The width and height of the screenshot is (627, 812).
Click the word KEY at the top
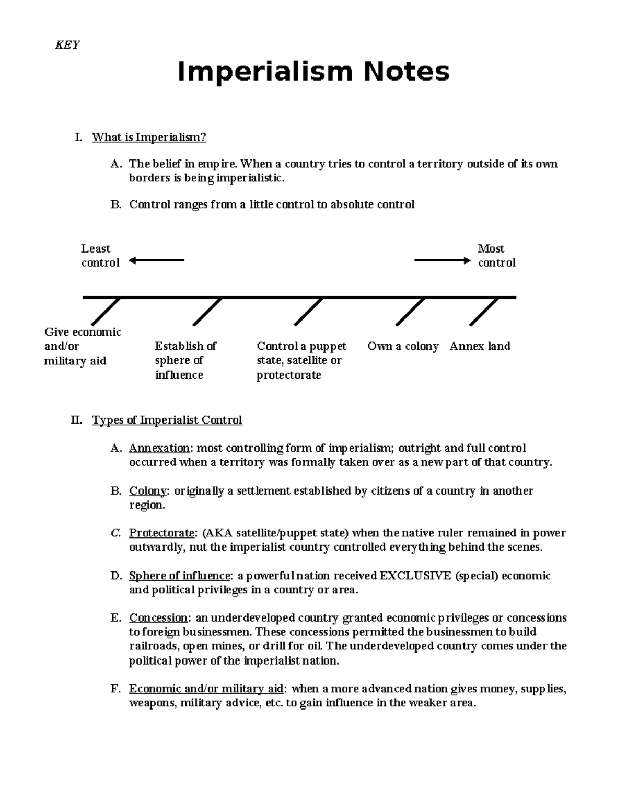click(x=67, y=45)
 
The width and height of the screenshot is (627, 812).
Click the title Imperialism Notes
click(x=313, y=72)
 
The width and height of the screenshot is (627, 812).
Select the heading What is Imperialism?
click(x=149, y=138)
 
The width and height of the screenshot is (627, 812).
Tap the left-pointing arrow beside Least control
click(x=156, y=260)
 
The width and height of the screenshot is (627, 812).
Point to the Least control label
click(x=100, y=256)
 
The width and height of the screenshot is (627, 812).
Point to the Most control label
click(x=496, y=256)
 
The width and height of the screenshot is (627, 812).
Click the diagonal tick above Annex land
click(x=484, y=312)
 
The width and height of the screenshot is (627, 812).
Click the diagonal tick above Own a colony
click(x=410, y=312)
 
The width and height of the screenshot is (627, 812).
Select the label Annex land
click(x=480, y=346)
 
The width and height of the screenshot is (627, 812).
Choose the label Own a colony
click(x=403, y=346)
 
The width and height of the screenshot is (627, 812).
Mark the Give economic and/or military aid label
click(x=82, y=346)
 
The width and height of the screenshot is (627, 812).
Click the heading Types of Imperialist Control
click(x=167, y=420)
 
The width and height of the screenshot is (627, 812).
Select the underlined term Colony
click(x=147, y=491)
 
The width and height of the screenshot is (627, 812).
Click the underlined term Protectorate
click(x=162, y=533)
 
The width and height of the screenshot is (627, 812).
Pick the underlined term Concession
click(x=158, y=618)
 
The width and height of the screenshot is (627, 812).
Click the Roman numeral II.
click(x=76, y=420)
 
